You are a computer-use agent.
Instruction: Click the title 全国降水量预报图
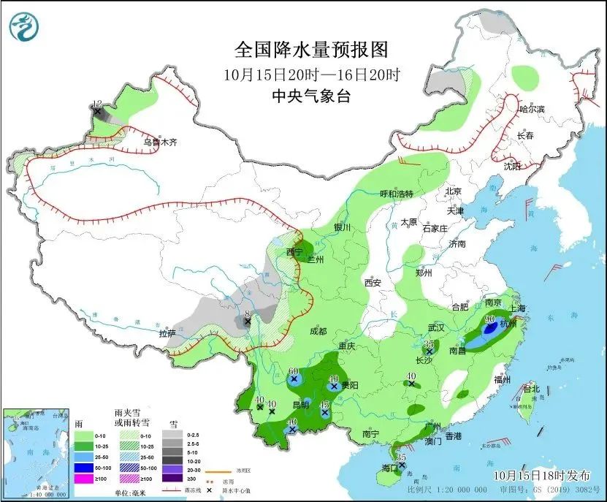click(x=310, y=50)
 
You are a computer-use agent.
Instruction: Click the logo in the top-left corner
click(x=24, y=27)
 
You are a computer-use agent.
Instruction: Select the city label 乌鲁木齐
click(x=160, y=142)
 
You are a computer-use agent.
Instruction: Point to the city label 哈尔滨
click(x=532, y=109)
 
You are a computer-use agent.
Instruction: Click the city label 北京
click(x=454, y=191)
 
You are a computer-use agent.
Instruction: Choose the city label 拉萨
click(x=167, y=333)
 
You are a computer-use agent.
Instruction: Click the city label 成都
click(x=318, y=330)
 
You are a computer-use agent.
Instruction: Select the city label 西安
click(x=373, y=282)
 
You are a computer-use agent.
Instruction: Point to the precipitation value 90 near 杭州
click(x=490, y=319)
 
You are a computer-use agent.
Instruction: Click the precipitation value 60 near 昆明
click(x=294, y=371)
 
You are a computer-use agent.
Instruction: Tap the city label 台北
click(x=531, y=389)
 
